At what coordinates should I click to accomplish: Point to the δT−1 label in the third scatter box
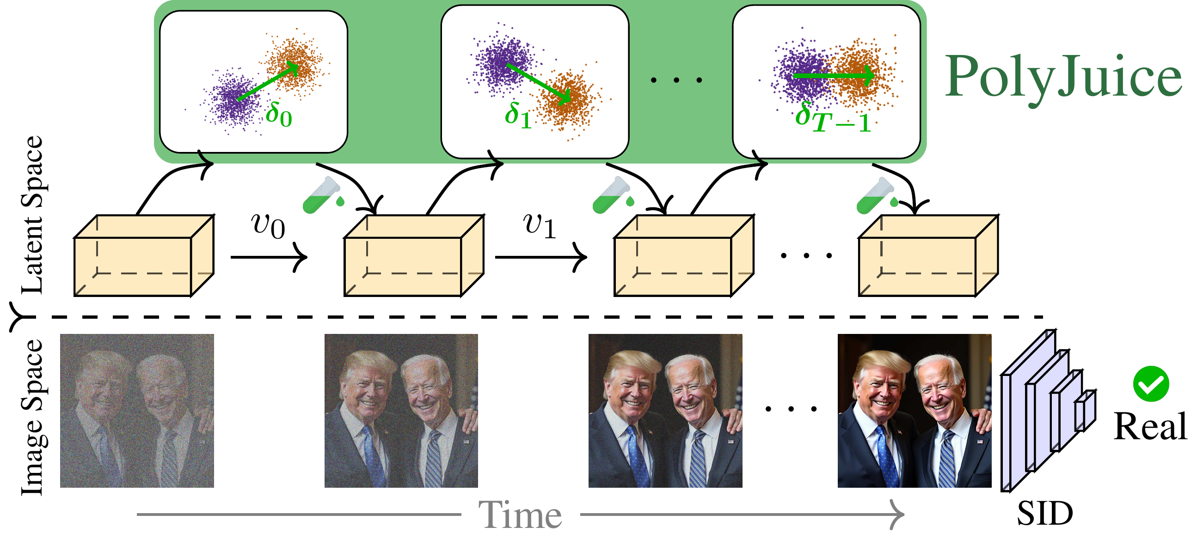[x=832, y=118]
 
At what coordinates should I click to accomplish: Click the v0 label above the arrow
[x=268, y=226]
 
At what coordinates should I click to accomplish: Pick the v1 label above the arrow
[x=539, y=226]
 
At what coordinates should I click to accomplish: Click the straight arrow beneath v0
[x=268, y=257]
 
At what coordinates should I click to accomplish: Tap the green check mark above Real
[x=1151, y=384]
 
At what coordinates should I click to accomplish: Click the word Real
[x=1150, y=426]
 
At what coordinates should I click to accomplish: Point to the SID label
[x=1044, y=513]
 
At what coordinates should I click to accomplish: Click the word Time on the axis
[x=520, y=515]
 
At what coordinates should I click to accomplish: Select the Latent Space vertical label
[x=32, y=215]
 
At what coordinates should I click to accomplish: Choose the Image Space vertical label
[x=32, y=418]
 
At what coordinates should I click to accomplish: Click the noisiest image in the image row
[x=137, y=411]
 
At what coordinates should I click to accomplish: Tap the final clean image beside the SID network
[x=914, y=411]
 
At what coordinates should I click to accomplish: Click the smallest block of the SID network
[x=1084, y=411]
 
